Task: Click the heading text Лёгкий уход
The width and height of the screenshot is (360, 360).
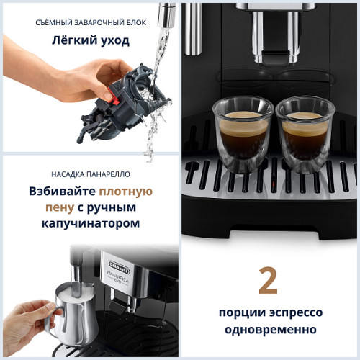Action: tap(90, 40)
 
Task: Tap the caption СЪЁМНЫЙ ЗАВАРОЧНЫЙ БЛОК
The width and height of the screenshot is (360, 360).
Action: tap(91, 22)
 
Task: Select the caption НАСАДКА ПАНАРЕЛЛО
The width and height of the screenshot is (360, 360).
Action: tap(90, 174)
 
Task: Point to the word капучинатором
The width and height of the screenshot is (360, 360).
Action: tap(91, 224)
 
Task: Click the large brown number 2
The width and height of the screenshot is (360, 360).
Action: tap(268, 282)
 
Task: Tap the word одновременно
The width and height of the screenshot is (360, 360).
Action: tap(269, 330)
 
